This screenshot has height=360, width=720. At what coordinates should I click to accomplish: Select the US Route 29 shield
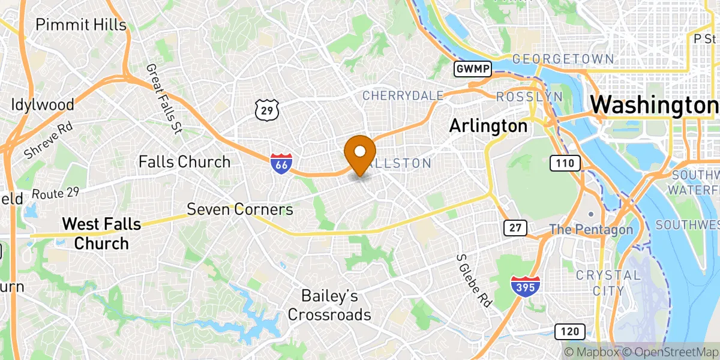coord(266,109)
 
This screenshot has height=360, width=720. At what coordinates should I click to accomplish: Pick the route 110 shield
coord(565,162)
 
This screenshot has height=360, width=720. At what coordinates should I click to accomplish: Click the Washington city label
coord(654,105)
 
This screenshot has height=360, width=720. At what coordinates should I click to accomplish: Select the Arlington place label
coord(488,126)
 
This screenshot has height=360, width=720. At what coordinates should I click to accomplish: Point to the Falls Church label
coord(184,161)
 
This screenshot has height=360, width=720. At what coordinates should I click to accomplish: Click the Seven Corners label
coord(240,209)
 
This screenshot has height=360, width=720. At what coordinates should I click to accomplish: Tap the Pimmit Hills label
coord(81,25)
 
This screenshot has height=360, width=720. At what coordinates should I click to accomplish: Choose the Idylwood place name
coord(42,104)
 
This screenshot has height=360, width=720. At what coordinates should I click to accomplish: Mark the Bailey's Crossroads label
coord(329,305)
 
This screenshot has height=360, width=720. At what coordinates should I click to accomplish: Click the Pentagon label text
coord(591,229)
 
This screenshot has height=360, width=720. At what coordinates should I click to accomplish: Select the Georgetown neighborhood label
coord(563,59)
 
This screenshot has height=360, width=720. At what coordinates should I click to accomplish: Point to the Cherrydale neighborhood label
coord(403,95)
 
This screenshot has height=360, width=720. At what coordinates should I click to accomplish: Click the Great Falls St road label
coord(164,98)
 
